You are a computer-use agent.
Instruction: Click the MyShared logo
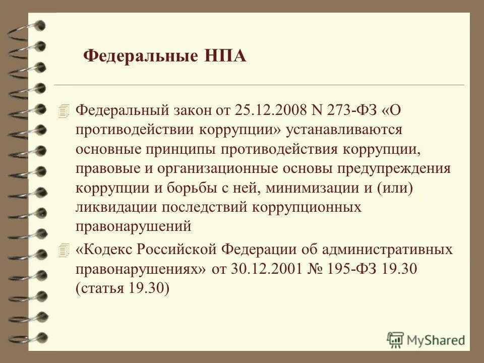(426, 339)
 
